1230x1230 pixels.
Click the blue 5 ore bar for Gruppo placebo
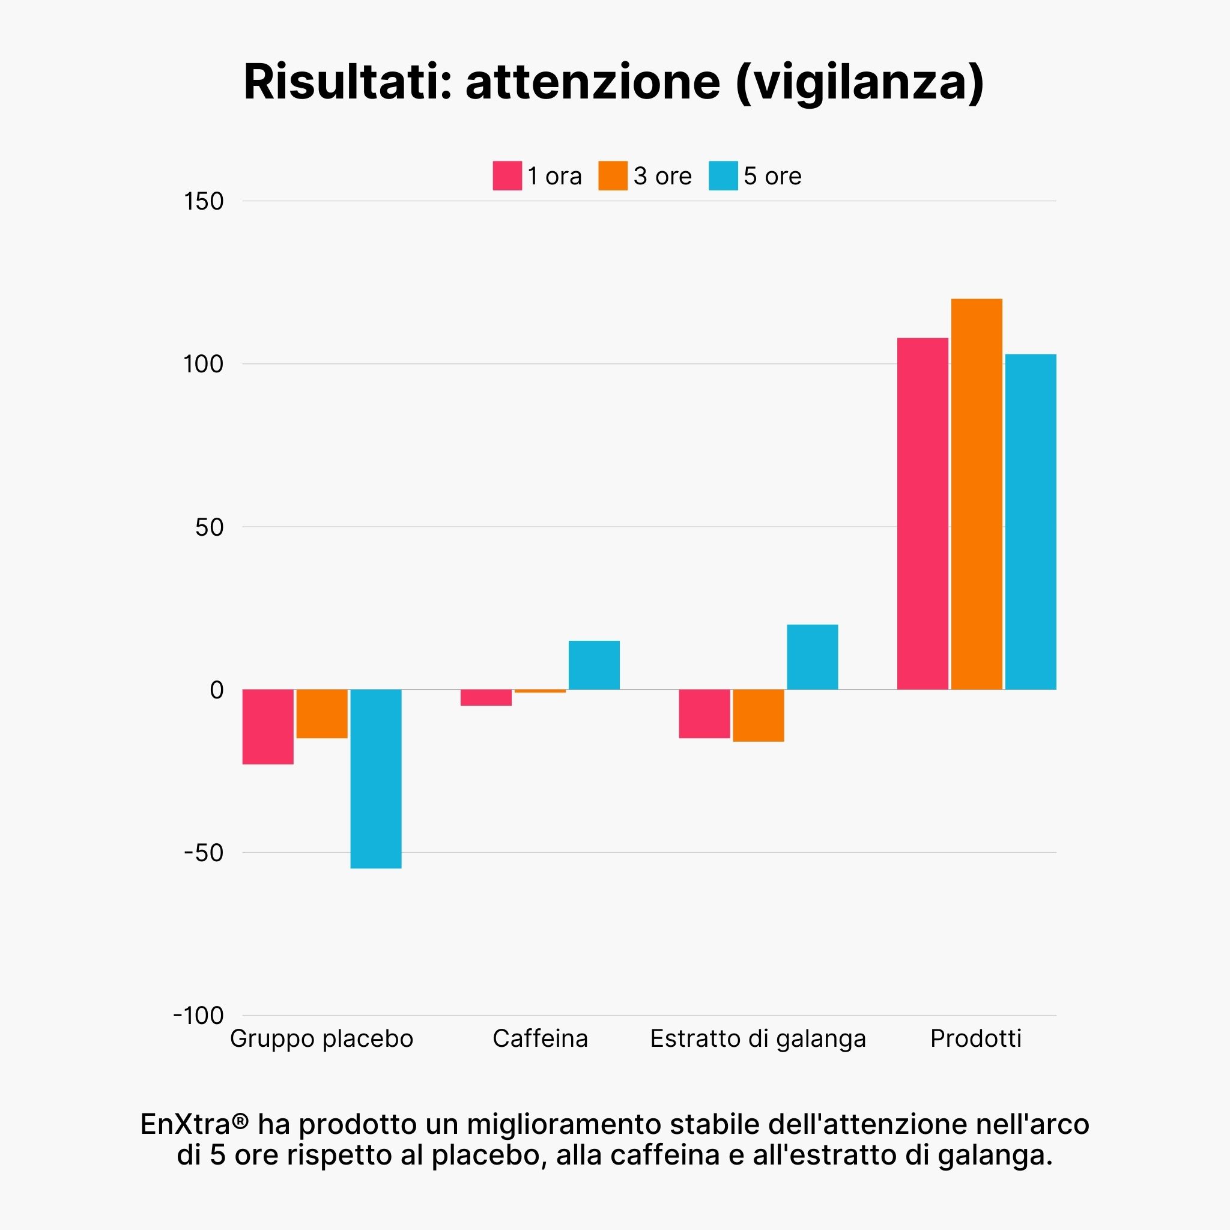pos(375,778)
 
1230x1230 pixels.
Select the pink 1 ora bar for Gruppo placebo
pos(267,727)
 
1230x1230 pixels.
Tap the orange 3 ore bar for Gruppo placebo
pos(321,713)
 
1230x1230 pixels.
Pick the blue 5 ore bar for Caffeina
pos(593,665)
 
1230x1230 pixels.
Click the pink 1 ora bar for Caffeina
pos(486,697)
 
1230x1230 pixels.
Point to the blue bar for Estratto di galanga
pos(812,656)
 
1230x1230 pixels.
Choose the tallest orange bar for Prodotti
pos(976,494)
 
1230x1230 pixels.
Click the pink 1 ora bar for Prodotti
pos(922,513)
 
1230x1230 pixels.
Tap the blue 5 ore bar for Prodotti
pos(1030,521)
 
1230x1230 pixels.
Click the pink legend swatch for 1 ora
pos(507,176)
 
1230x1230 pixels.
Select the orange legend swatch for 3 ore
pos(613,176)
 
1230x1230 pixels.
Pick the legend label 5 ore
pos(772,177)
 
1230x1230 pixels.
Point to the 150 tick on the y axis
pos(204,201)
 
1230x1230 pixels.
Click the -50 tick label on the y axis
pos(204,852)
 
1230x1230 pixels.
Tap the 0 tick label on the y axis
pos(216,689)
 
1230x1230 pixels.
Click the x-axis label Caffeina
pos(540,1038)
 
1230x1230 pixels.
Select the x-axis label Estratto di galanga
pos(757,1038)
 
